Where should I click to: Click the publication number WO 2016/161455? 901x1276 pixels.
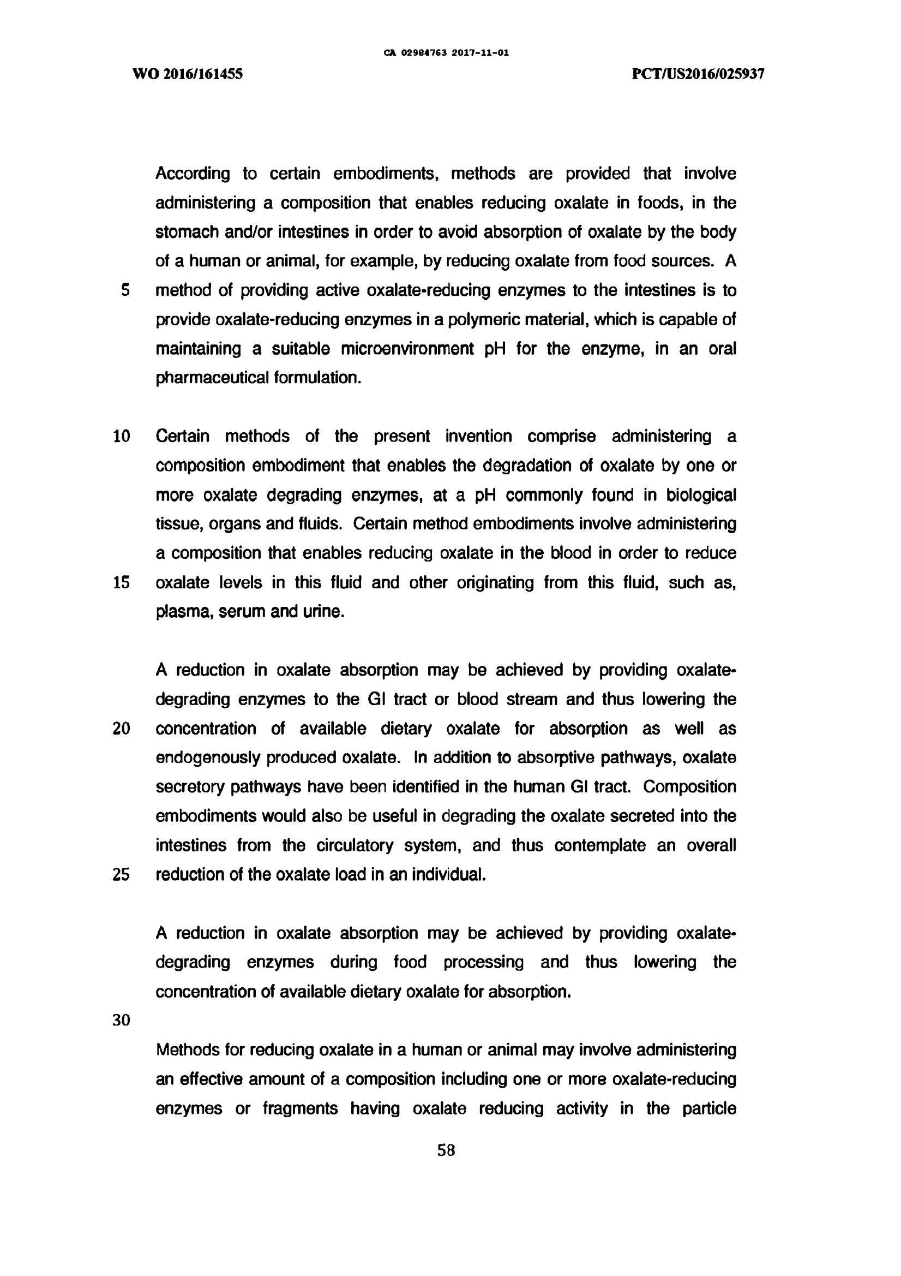188,74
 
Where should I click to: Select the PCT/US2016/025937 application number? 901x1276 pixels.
698,74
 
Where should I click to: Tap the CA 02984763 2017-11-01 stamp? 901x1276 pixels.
446,53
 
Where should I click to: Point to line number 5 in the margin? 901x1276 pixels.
125,290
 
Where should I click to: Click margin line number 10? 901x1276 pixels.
122,436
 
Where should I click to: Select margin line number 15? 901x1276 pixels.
122,582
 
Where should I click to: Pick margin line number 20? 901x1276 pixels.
122,729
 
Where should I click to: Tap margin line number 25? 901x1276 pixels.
122,875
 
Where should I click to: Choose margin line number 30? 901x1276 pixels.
122,1021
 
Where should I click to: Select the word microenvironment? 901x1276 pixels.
407,349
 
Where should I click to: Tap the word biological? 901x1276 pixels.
701,495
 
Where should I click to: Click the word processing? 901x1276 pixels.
483,962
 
